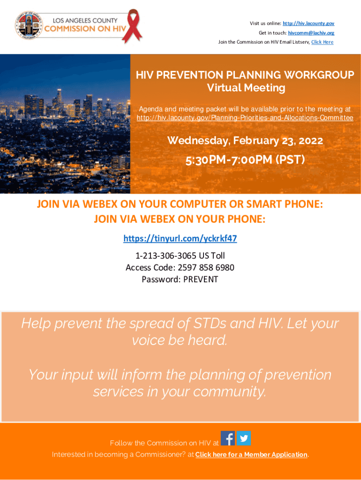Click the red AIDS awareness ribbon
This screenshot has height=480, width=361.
(132, 26)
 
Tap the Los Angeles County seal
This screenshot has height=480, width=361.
(29, 26)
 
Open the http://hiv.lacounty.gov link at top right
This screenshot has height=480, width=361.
(308, 23)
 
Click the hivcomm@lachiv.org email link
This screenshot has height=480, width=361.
(311, 33)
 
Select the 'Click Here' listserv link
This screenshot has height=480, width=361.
(323, 42)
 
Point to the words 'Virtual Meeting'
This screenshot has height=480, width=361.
(246, 88)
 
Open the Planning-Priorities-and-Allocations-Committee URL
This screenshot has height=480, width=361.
(245, 118)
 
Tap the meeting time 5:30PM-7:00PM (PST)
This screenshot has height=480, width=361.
(245, 160)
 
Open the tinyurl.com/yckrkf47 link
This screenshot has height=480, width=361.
(180, 239)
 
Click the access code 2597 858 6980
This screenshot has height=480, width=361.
(206, 268)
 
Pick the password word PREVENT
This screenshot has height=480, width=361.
(201, 279)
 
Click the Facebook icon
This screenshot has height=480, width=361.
(228, 438)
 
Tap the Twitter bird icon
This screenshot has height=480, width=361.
(244, 438)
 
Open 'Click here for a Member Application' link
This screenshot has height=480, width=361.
(251, 455)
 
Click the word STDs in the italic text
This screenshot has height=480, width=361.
(210, 323)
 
